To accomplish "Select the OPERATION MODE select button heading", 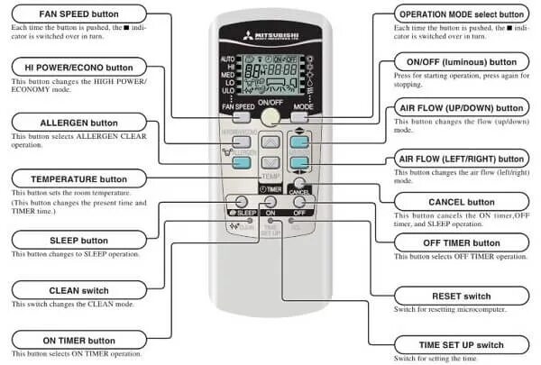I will [461, 15].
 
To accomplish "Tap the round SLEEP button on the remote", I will [242, 200].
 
